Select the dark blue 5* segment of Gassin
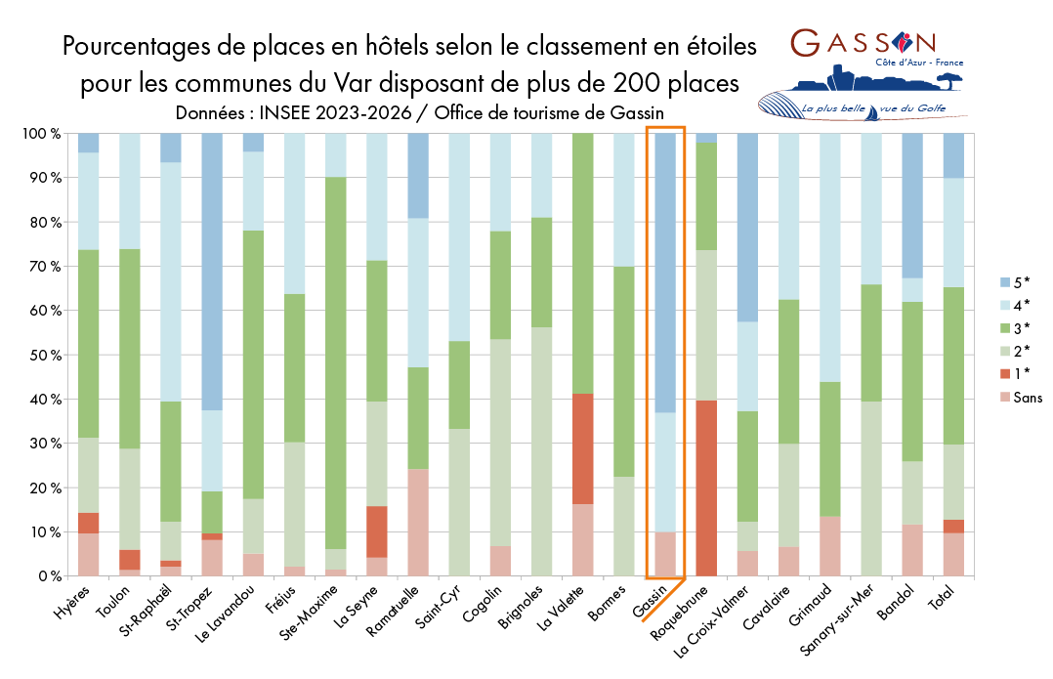point(665,273)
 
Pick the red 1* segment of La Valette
point(583,448)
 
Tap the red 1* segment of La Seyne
point(377,531)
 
